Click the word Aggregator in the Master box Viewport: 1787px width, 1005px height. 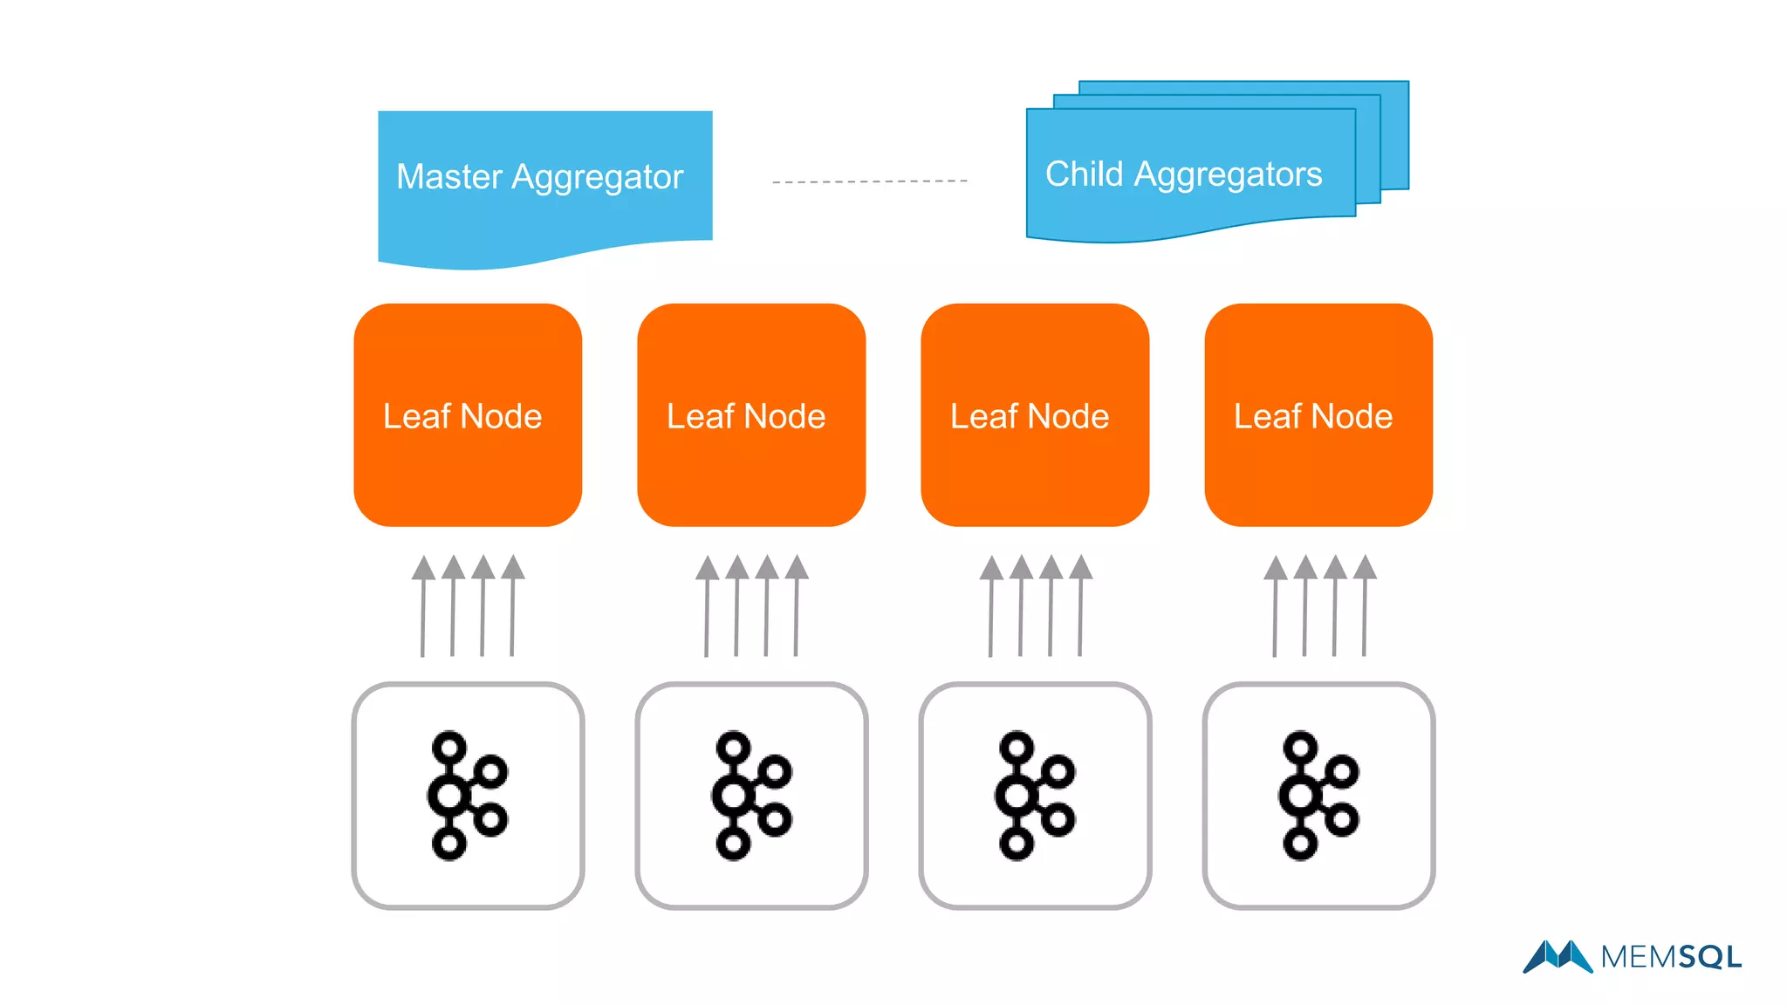pyautogui.click(x=597, y=177)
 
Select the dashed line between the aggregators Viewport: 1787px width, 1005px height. pyautogui.click(x=869, y=181)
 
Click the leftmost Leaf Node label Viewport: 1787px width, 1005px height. pyautogui.click(x=462, y=416)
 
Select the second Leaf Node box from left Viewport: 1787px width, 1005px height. pyautogui.click(x=751, y=415)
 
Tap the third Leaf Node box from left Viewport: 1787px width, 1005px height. pyautogui.click(x=1035, y=415)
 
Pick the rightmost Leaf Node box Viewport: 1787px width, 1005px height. pyautogui.click(x=1318, y=415)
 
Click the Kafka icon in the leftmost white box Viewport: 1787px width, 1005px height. pyautogui.click(x=466, y=795)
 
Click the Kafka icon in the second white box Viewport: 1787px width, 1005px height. pyautogui.click(x=750, y=795)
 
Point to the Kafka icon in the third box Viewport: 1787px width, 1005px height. pyautogui.click(x=1034, y=795)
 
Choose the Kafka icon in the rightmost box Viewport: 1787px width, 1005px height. pyautogui.click(x=1318, y=795)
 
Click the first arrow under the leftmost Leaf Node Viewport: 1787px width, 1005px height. pyautogui.click(x=423, y=606)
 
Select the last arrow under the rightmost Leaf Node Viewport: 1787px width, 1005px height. pyautogui.click(x=1365, y=606)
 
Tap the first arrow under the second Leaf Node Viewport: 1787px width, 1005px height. pyautogui.click(x=707, y=606)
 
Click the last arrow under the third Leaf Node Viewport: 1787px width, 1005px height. pyautogui.click(x=1080, y=606)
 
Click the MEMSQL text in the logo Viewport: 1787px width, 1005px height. pyautogui.click(x=1671, y=957)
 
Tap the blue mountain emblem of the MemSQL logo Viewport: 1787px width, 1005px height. pyautogui.click(x=1558, y=956)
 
